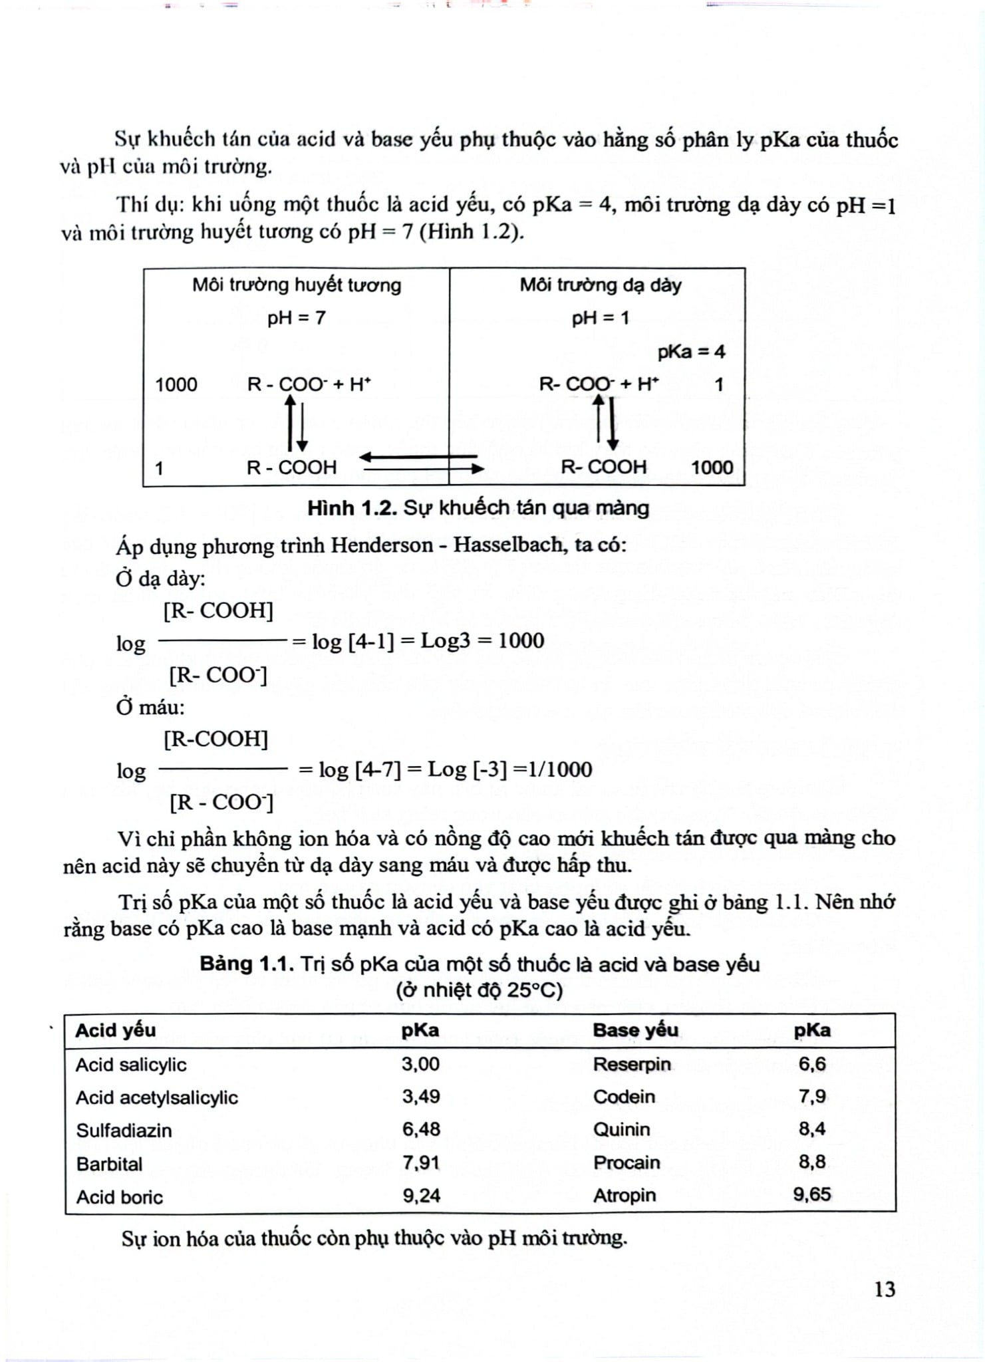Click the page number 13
click(x=884, y=1290)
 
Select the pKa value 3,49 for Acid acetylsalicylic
click(x=420, y=1097)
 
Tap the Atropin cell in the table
click(x=624, y=1195)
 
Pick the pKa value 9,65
click(x=811, y=1194)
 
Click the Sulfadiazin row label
click(x=124, y=1130)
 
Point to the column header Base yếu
click(x=635, y=1030)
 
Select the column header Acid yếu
click(x=115, y=1030)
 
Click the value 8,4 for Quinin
click(x=811, y=1129)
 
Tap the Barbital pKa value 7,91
click(x=420, y=1162)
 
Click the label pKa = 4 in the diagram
click(x=691, y=351)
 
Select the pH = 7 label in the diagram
click(x=297, y=318)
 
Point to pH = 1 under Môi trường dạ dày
click(x=600, y=318)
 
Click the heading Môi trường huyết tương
click(x=297, y=285)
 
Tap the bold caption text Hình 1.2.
click(x=352, y=508)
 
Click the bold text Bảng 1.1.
click(x=247, y=964)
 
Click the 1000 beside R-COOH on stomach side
click(x=712, y=467)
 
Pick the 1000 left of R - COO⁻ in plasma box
click(x=176, y=384)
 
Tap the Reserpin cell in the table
click(x=631, y=1064)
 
